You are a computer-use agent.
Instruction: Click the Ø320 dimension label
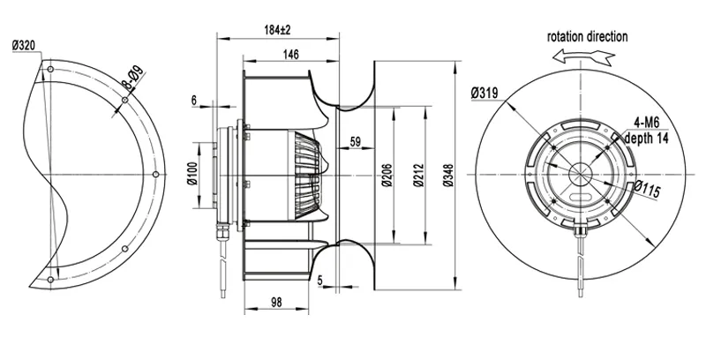24,46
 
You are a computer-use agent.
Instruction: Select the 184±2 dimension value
277,30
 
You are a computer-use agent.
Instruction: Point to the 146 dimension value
291,55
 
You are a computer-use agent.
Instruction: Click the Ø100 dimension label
192,173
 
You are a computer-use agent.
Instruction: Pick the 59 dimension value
356,142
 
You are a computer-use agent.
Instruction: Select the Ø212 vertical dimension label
418,176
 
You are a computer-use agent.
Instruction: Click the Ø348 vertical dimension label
447,175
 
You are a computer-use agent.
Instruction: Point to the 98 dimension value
276,303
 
